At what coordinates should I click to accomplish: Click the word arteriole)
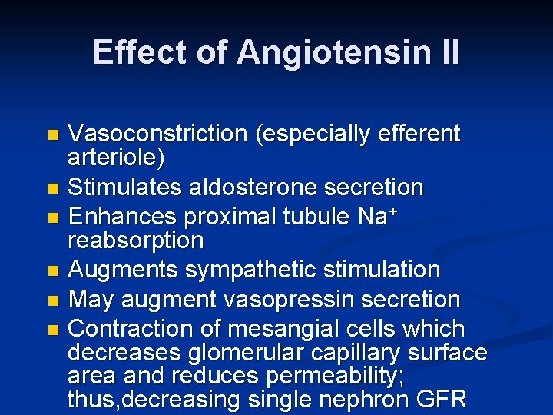click(x=116, y=158)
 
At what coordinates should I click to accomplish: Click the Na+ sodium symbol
click(x=377, y=217)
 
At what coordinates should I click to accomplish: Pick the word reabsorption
click(x=136, y=241)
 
